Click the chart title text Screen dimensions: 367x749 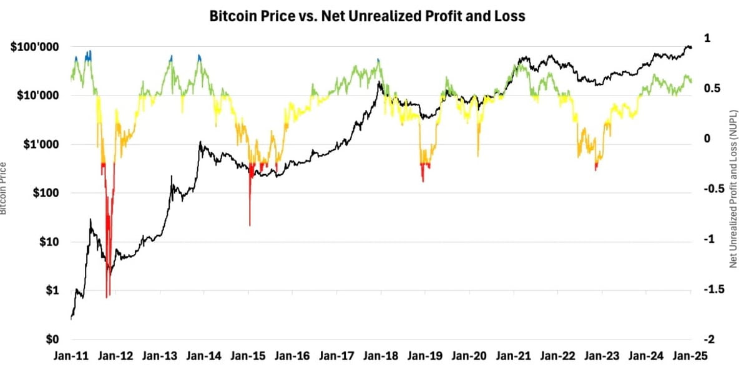[367, 17]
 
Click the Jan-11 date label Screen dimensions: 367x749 [71, 356]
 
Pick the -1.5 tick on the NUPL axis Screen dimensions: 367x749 [709, 290]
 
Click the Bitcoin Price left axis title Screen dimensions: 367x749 [4, 188]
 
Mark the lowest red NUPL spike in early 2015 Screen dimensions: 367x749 [250, 225]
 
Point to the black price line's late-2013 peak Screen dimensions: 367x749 [200, 142]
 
